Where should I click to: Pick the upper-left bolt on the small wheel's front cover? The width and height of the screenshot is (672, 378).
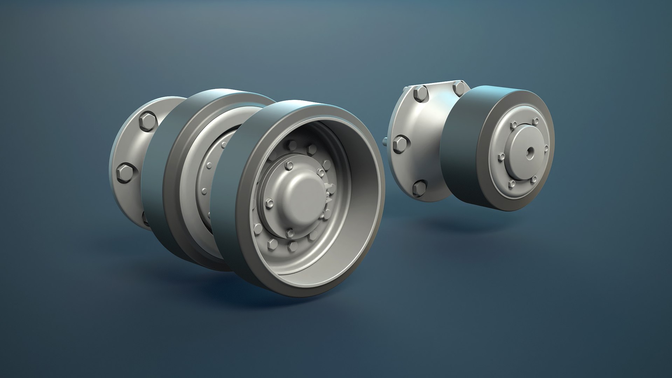click(514, 125)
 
